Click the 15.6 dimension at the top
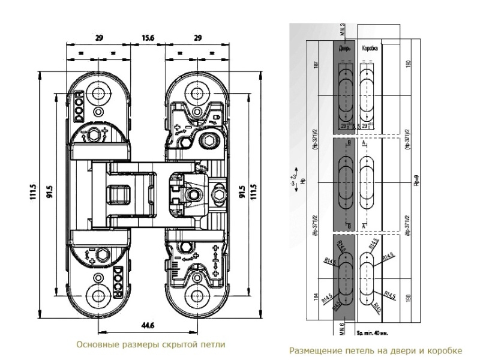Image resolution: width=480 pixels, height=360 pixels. (x=147, y=37)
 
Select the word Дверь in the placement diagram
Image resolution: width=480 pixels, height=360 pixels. (x=345, y=47)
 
